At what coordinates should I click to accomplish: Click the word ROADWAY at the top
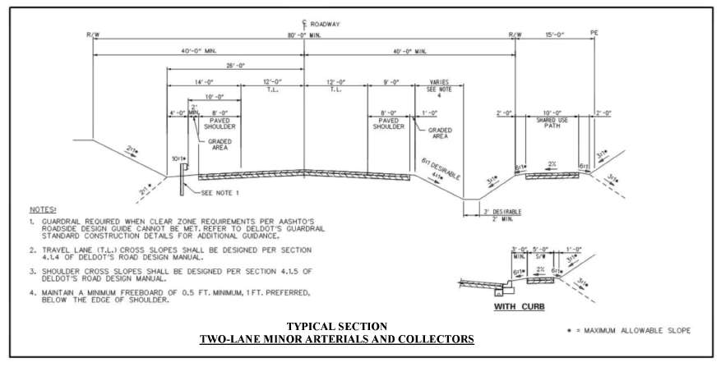pos(325,25)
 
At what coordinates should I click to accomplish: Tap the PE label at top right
pos(594,34)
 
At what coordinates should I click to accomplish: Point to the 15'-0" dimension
pos(555,35)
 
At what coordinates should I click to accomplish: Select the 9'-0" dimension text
pos(391,82)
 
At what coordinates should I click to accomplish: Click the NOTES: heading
pos(42,210)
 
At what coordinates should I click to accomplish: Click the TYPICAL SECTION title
pos(337,327)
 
